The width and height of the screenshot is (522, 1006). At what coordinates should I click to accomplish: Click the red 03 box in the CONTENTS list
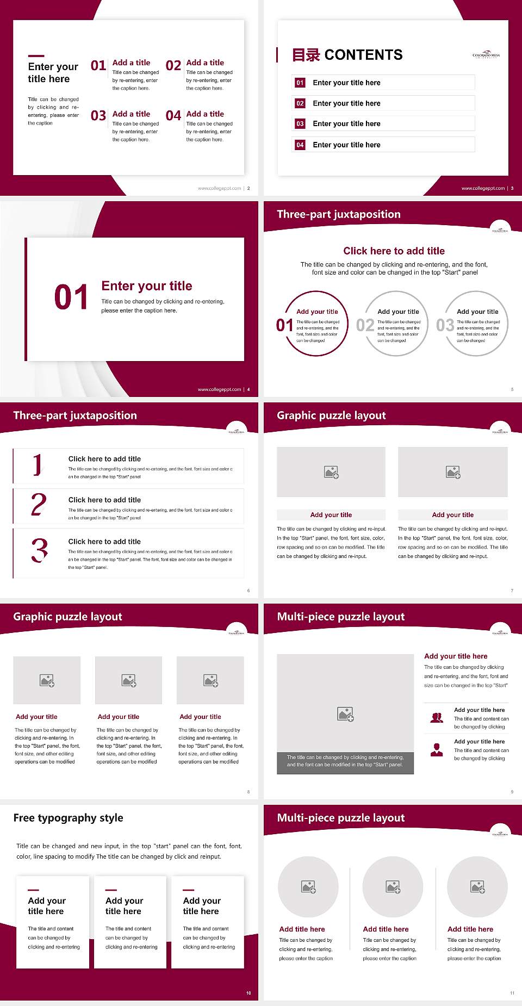(300, 124)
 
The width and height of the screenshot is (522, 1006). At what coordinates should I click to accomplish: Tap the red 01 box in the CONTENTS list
(300, 83)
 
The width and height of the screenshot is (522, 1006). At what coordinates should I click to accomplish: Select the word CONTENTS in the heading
(363, 55)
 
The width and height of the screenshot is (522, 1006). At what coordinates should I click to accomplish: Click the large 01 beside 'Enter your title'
(71, 297)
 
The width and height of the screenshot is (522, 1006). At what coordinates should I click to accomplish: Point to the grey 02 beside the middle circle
(365, 325)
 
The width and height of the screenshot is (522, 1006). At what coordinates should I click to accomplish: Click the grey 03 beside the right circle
(445, 325)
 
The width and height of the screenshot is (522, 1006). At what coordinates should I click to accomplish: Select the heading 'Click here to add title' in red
(394, 251)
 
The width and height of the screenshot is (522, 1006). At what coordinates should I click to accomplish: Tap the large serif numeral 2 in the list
(39, 505)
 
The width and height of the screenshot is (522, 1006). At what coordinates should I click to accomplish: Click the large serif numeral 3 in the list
(39, 550)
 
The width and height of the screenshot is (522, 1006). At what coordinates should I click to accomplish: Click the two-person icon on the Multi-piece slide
(437, 718)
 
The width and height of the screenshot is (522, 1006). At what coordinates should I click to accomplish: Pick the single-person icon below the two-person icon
(437, 750)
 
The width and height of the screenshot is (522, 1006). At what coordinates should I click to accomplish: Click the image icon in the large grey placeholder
(345, 714)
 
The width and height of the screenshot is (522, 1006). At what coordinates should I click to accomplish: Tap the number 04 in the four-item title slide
(173, 116)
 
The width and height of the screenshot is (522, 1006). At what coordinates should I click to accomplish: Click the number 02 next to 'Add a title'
(173, 66)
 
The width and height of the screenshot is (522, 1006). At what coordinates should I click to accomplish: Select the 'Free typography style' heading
(68, 818)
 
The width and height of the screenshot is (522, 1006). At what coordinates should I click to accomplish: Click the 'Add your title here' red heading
(456, 656)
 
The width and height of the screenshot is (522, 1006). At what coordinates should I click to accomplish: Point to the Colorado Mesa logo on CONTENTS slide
(486, 55)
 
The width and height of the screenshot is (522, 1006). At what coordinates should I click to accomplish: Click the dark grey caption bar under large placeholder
(345, 761)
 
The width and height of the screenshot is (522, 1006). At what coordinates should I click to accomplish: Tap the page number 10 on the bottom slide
(248, 993)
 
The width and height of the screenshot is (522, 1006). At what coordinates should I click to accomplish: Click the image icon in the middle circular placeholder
(393, 887)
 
